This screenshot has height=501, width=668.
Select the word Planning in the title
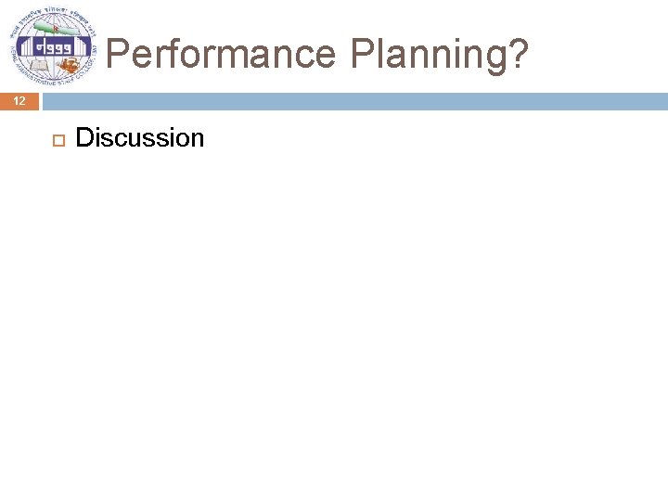point(428,56)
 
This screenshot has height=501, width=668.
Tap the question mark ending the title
point(519,54)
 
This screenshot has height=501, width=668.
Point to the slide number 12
point(19,101)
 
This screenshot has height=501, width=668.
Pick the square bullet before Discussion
point(56,139)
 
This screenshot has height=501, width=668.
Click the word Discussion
point(139,138)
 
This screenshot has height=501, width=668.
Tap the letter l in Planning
point(381,54)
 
